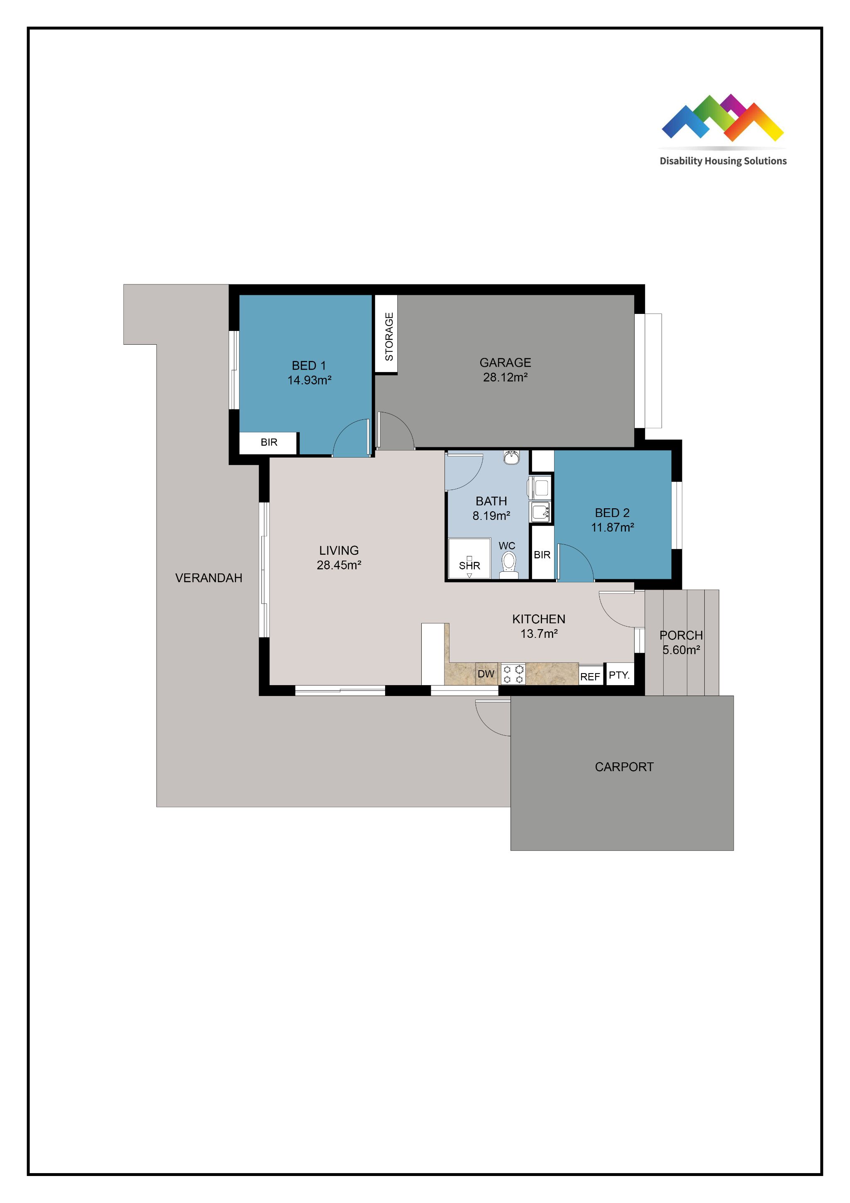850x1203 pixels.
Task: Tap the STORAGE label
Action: coord(389,336)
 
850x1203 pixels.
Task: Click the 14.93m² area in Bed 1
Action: coord(309,380)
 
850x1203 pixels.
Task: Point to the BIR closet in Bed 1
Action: coord(269,443)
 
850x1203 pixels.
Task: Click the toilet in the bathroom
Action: coord(508,565)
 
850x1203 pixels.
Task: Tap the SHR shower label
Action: coord(469,566)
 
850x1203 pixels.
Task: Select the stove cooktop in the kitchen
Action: coord(513,674)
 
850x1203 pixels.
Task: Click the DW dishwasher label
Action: coord(486,674)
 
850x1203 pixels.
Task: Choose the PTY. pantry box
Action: coord(620,674)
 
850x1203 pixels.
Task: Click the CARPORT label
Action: coord(624,767)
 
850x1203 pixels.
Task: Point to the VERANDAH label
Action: coord(208,578)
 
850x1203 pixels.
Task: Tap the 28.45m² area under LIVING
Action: coord(339,565)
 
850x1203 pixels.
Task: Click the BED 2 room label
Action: coord(612,513)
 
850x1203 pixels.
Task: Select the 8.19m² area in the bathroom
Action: coord(491,516)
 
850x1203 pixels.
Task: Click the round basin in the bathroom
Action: coord(511,458)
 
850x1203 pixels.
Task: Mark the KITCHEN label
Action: coord(538,619)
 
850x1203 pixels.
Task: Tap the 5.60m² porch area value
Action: coord(681,650)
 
